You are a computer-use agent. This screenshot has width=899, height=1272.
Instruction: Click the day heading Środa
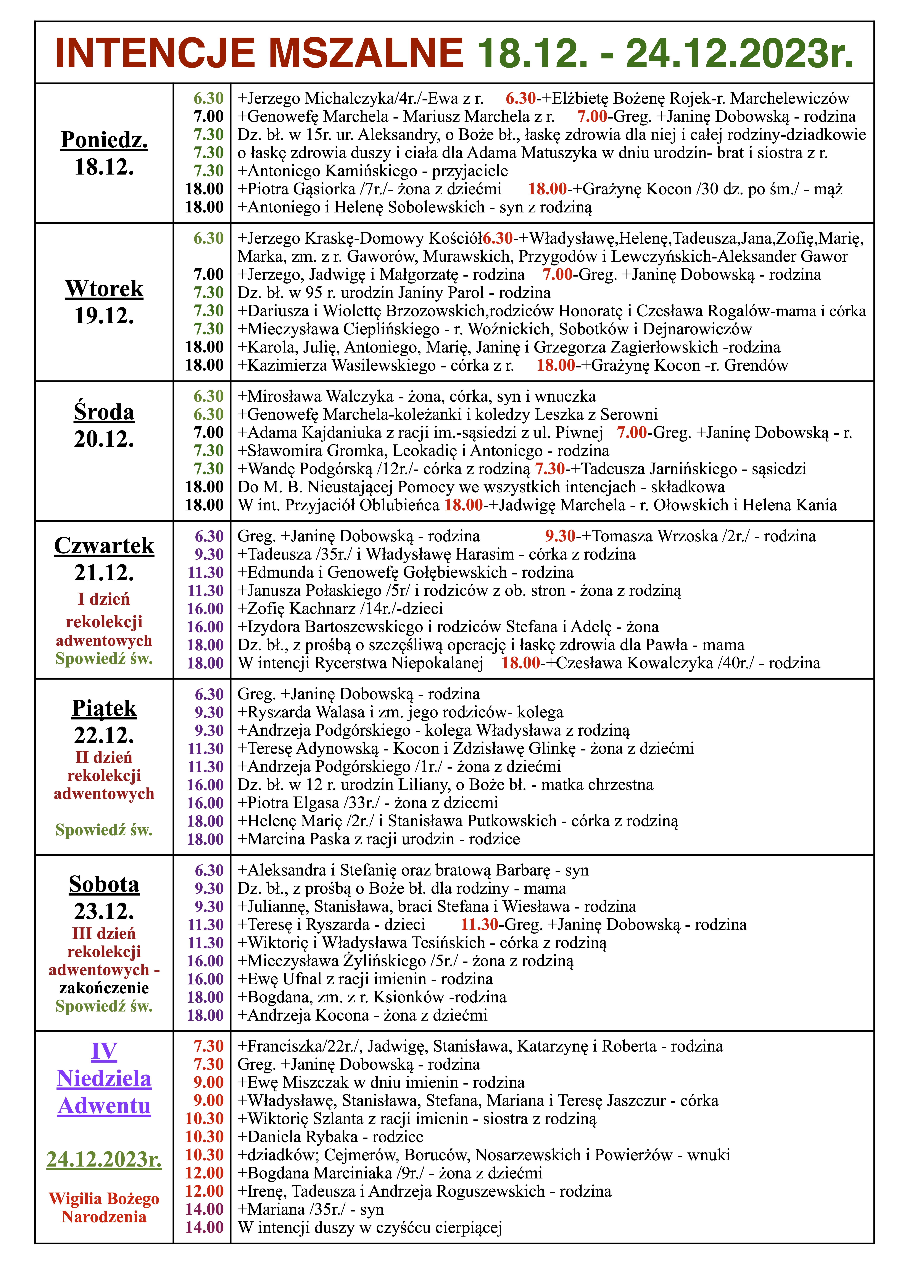[x=104, y=412]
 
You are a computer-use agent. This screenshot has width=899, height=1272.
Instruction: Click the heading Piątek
[x=104, y=709]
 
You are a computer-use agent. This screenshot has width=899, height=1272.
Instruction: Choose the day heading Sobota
[x=104, y=885]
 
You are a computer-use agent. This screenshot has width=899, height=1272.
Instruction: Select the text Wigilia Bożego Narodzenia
[x=104, y=1208]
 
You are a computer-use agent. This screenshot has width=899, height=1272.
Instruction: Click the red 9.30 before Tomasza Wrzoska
[x=560, y=536]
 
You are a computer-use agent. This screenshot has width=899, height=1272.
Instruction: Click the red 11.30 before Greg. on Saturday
[x=479, y=925]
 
